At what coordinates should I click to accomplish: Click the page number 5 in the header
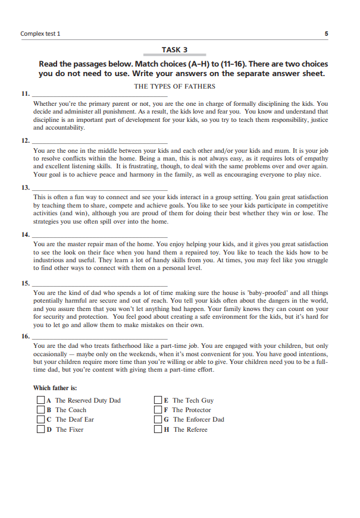326,33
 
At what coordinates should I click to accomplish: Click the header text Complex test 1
40,33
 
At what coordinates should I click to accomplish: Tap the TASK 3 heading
174,50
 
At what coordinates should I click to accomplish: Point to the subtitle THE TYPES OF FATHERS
174,86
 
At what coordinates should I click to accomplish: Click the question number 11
24,94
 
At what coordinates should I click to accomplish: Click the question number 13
24,188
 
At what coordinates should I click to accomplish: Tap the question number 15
24,283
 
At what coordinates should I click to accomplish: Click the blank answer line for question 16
99,337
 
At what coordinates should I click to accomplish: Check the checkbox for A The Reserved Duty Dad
40,400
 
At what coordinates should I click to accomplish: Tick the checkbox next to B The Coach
40,410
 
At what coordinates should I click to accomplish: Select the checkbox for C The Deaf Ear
40,419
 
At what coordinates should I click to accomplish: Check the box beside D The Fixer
40,429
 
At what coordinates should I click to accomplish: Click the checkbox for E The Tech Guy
158,400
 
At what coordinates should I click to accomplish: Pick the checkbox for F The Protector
158,410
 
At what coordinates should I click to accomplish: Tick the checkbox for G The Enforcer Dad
158,419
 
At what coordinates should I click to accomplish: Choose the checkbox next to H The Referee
158,429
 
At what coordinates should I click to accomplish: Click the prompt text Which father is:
55,388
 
